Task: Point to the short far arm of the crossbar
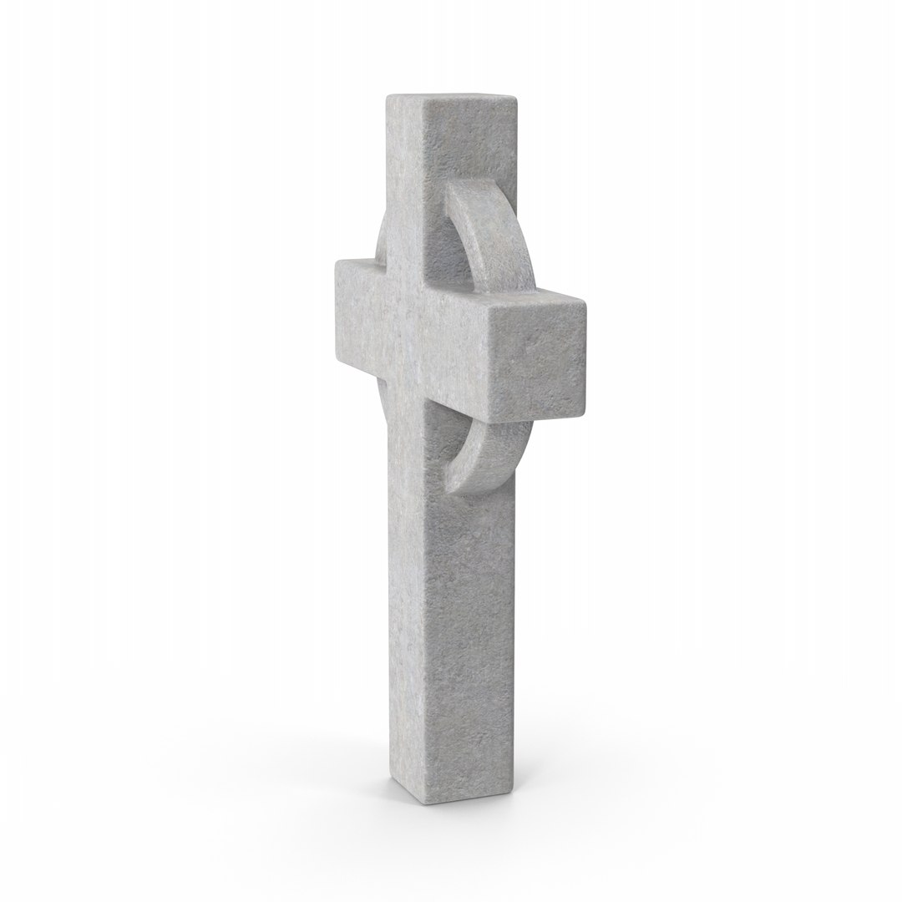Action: point(360,309)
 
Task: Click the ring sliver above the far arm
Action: point(381,238)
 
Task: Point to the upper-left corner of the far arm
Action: point(337,262)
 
